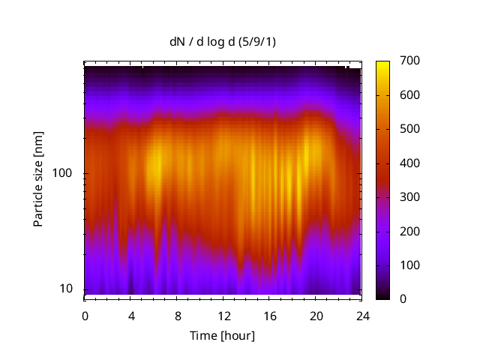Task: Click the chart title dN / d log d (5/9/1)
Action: [x=223, y=43]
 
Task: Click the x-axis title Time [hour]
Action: [x=222, y=335]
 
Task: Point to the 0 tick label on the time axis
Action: [x=85, y=316]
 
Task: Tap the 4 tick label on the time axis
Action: [x=131, y=316]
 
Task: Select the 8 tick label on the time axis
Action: [x=177, y=316]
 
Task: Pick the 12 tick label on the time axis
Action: [x=223, y=316]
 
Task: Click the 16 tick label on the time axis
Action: [x=269, y=316]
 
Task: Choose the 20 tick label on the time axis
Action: [x=316, y=316]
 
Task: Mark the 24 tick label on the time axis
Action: [x=361, y=316]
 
